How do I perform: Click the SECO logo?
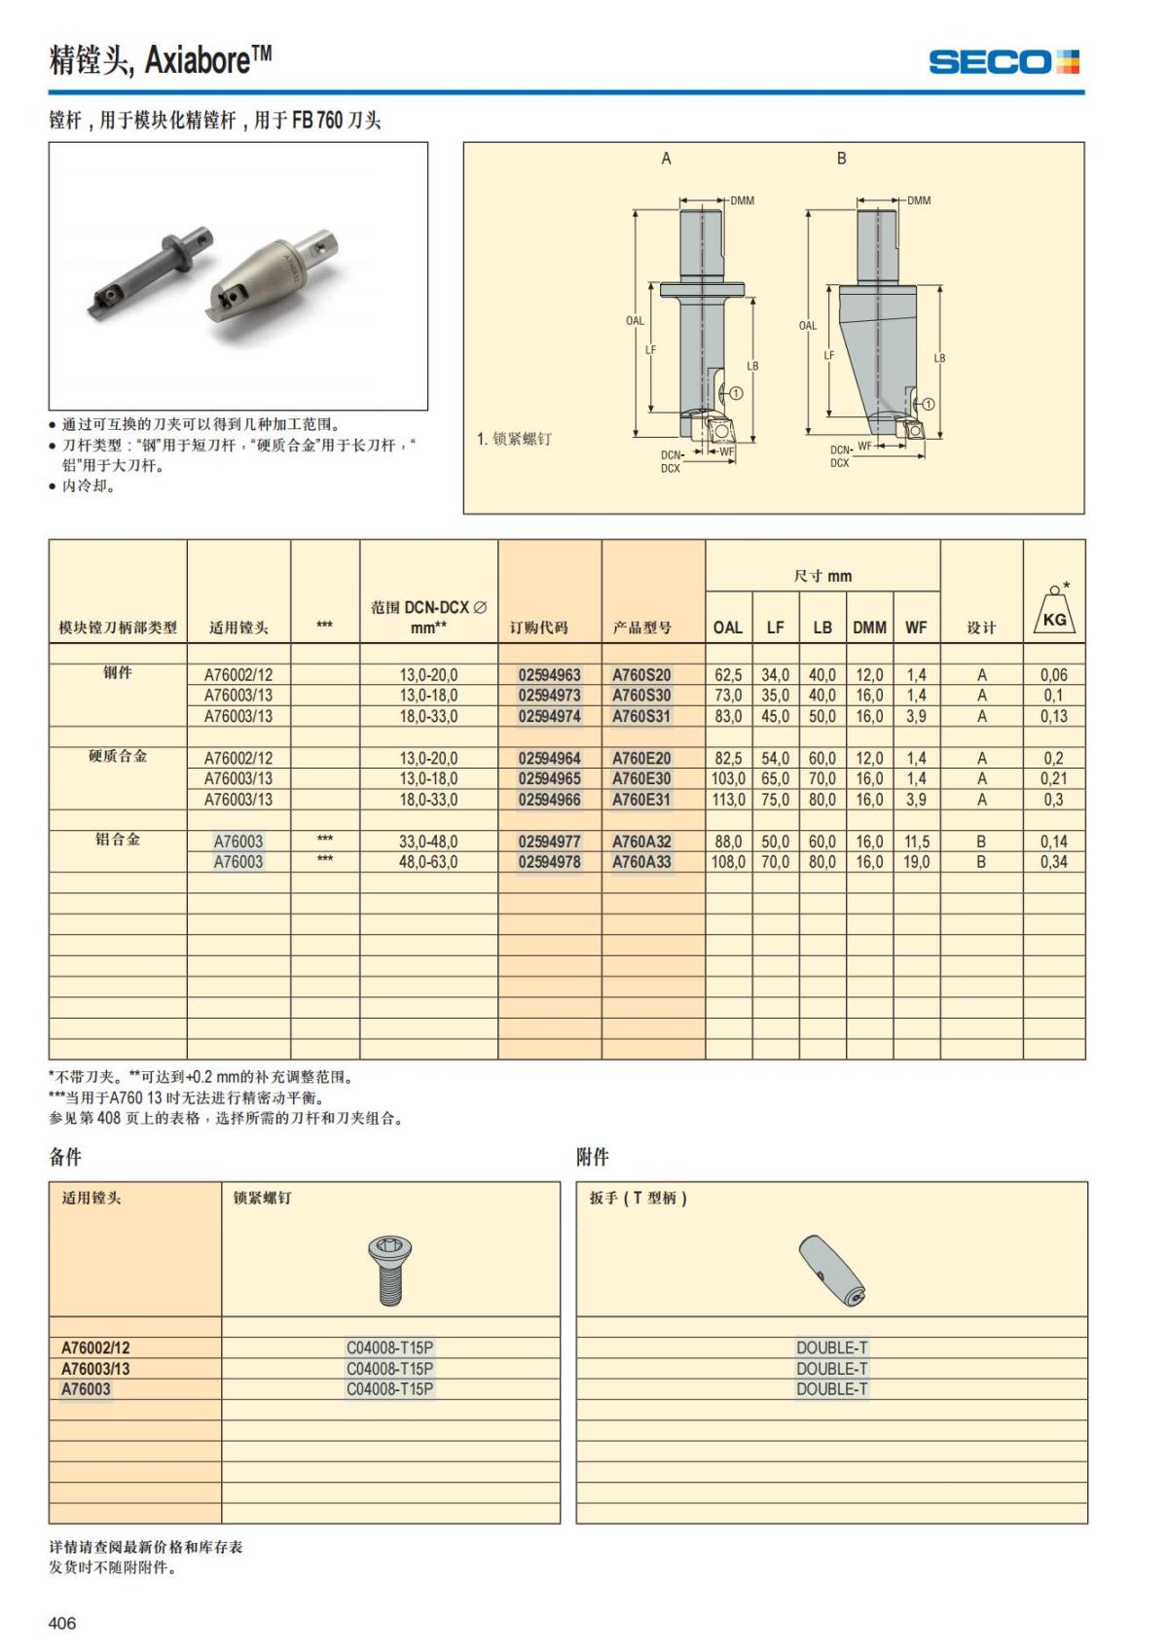tap(1004, 62)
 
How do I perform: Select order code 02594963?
tap(549, 674)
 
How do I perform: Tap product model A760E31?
tap(641, 800)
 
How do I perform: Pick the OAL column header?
tap(728, 628)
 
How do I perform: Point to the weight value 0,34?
tap(1053, 862)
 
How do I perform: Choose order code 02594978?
tap(549, 862)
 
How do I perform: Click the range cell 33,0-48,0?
tap(428, 842)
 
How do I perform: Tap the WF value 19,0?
tap(916, 862)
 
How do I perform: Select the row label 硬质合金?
tap(118, 756)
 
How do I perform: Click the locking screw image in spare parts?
tap(390, 1269)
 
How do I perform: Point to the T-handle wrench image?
tap(831, 1270)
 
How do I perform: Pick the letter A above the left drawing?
tap(667, 159)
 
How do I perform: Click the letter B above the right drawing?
tap(842, 159)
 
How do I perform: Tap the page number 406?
tap(62, 1623)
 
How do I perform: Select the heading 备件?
tap(65, 1157)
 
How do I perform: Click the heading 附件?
tap(593, 1157)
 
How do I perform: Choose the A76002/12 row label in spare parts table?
tap(95, 1347)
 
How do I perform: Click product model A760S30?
tap(641, 696)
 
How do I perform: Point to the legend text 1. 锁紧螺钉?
tap(514, 439)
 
